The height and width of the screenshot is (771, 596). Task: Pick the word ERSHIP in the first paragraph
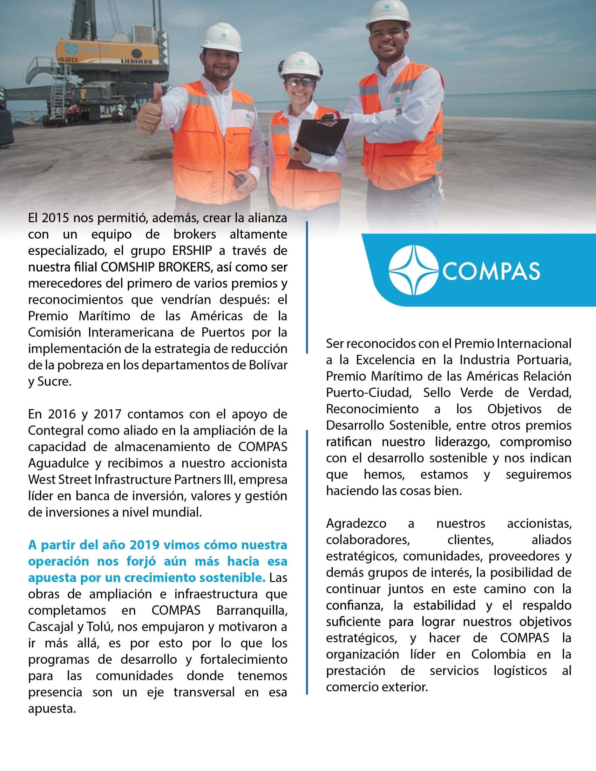(192, 251)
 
